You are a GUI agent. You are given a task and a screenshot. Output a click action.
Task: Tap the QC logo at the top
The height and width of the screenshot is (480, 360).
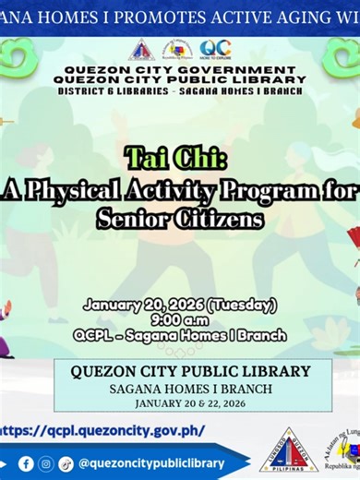[x=214, y=49]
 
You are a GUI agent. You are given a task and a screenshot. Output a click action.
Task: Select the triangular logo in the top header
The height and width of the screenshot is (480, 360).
[x=141, y=50]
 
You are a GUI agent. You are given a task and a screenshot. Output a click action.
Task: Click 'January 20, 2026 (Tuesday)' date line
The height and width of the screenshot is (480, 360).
[x=180, y=305]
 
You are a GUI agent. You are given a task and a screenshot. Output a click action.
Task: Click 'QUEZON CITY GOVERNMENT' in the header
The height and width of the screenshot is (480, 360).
[x=180, y=70]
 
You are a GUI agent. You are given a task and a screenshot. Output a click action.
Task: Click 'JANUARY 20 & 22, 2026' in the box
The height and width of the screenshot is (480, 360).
[x=180, y=403]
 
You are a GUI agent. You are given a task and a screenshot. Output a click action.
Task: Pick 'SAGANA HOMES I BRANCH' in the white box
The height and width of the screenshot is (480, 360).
[x=180, y=389]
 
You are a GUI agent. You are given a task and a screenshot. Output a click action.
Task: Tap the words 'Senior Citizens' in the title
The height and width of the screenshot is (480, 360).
[x=180, y=219]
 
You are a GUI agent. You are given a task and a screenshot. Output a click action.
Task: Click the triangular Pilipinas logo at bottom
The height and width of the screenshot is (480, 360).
[x=289, y=450]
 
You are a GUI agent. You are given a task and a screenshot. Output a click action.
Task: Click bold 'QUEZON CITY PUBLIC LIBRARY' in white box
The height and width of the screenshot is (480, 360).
[x=180, y=371]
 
